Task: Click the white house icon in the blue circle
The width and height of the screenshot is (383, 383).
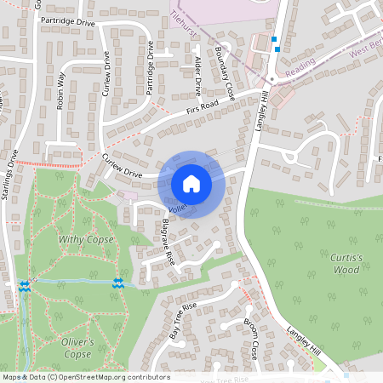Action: (x=191, y=184)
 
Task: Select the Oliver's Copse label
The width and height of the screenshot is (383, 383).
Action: (x=77, y=347)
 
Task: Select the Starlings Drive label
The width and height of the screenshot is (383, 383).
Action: (x=11, y=174)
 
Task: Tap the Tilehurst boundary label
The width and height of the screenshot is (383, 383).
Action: (x=186, y=20)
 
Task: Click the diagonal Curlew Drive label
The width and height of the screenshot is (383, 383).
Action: (x=122, y=166)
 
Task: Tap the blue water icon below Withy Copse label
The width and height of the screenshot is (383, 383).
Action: (x=118, y=283)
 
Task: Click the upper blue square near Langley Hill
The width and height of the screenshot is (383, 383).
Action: (x=273, y=38)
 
